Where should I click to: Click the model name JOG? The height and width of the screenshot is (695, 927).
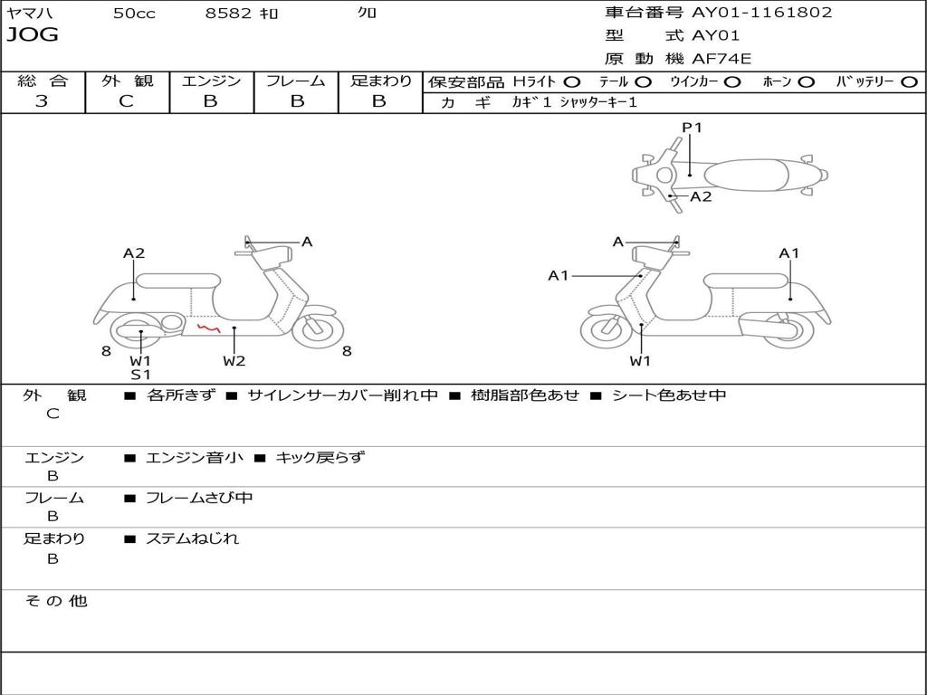pos(33,35)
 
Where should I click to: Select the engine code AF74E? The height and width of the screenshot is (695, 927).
pos(722,59)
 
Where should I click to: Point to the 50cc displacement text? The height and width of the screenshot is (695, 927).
pos(133,14)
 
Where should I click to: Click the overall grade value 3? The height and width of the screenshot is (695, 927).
pos(42,101)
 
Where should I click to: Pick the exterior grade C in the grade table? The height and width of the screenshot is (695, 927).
pos(126,101)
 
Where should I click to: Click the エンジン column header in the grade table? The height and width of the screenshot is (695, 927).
pos(211,81)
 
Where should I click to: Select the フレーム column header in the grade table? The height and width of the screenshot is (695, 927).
pos(295,81)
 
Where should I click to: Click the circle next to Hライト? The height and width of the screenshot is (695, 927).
pos(572,81)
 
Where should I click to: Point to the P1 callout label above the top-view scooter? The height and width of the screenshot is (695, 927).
pos(693,128)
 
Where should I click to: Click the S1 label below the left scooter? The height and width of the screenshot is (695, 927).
pos(140,375)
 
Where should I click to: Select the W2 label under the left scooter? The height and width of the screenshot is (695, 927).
pos(234,361)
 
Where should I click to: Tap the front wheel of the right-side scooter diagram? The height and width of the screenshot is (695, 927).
pos(606,331)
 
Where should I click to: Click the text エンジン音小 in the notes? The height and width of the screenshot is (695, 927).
pos(195,458)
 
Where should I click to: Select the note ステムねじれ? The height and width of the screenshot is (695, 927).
pos(193,538)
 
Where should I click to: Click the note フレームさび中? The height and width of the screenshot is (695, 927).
pos(199,498)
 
